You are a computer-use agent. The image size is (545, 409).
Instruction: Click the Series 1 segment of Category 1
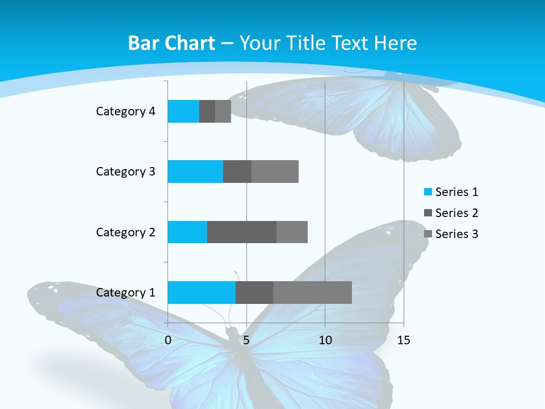[x=202, y=292]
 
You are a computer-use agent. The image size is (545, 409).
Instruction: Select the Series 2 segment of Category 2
[x=242, y=232]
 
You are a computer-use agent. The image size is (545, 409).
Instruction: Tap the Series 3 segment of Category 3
[x=275, y=172]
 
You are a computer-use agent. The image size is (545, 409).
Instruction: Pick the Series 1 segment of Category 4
[x=183, y=111]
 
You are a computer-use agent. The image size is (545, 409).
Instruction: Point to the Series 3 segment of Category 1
[x=312, y=292]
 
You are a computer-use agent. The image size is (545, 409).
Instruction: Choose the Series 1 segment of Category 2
[x=187, y=232]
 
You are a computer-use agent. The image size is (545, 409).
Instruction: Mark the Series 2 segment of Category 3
[x=237, y=172]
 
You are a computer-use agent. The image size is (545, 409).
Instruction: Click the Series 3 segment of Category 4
[x=223, y=111]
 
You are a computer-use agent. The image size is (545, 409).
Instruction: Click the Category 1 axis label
[x=125, y=293]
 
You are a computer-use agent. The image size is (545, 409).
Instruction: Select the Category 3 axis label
[x=125, y=172]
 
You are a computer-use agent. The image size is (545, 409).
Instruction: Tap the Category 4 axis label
[x=125, y=111]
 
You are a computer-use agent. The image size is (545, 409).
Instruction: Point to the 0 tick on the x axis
[x=168, y=340]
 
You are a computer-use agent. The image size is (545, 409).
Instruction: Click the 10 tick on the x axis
[x=325, y=340]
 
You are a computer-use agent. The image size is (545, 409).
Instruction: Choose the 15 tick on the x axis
[x=403, y=340]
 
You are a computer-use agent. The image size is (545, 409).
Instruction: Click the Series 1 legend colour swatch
[x=427, y=192]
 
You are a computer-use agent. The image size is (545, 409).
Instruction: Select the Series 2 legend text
[x=456, y=213]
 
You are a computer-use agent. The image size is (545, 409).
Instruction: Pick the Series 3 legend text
[x=456, y=234]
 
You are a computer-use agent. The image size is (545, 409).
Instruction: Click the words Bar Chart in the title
[x=171, y=43]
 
